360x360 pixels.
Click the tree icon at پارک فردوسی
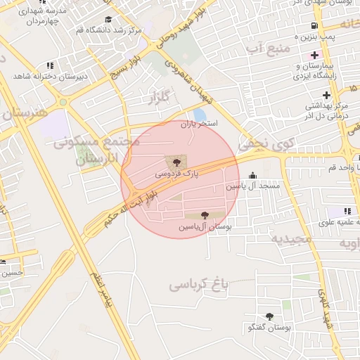pyautogui.click(x=176, y=161)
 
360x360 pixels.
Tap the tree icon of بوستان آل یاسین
pyautogui.click(x=205, y=216)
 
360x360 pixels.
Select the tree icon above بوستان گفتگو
pyautogui.click(x=269, y=316)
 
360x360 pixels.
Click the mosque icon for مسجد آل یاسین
pyautogui.click(x=253, y=175)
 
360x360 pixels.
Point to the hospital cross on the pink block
pyautogui.click(x=314, y=55)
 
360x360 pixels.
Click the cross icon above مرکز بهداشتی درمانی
pyautogui.click(x=326, y=94)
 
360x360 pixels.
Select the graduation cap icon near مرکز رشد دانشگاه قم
pyautogui.click(x=108, y=20)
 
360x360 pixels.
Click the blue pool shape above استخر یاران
pyautogui.click(x=200, y=115)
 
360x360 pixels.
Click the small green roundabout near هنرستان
pyautogui.click(x=63, y=101)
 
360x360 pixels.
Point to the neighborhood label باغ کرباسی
pyautogui.click(x=200, y=285)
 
